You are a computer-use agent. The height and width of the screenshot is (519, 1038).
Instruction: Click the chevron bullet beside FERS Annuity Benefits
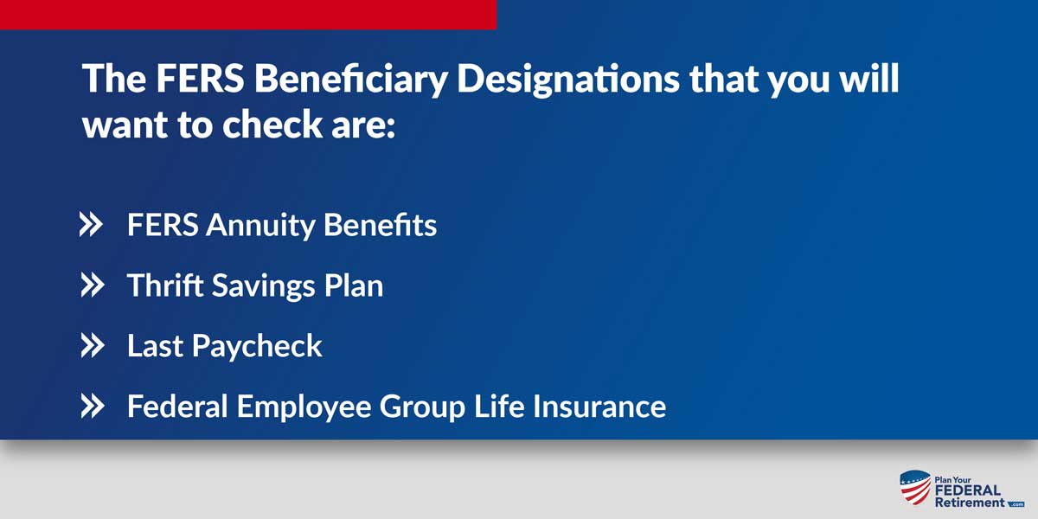[91, 226]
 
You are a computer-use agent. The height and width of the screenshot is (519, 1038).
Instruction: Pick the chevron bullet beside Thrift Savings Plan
[91, 286]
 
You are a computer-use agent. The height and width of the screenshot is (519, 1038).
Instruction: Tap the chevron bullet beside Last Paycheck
[91, 347]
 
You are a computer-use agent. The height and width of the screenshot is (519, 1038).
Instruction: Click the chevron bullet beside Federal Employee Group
[91, 407]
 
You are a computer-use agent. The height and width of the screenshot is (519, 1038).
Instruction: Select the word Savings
[257, 286]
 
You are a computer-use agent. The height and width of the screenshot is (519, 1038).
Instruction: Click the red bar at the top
[248, 15]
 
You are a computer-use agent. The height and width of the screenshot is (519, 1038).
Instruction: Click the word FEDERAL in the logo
[967, 490]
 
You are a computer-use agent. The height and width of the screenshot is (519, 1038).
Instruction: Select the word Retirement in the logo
[969, 503]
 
